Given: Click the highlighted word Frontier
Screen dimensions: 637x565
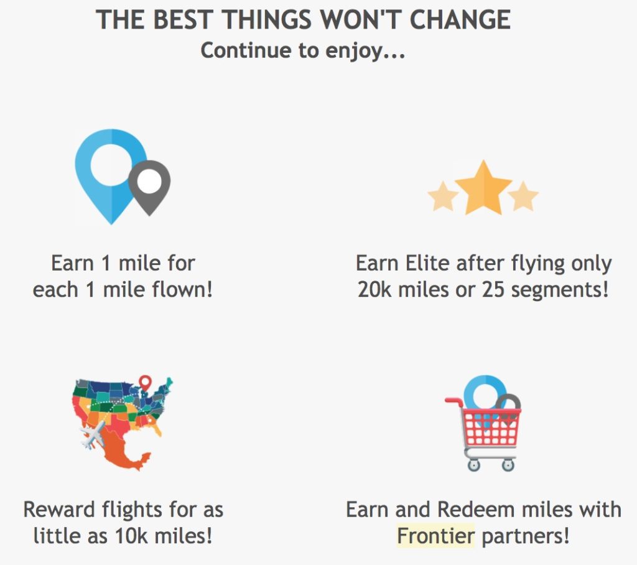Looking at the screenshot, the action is [x=435, y=536].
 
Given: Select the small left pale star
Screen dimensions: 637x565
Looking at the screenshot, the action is [x=443, y=196].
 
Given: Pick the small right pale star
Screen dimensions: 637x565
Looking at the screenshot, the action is [x=523, y=196].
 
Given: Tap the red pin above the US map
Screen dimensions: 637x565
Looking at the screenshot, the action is [x=145, y=383].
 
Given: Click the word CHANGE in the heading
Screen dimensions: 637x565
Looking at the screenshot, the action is [x=460, y=19].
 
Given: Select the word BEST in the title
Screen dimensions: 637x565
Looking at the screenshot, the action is [x=184, y=19].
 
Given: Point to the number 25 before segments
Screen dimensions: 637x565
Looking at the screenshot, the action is [x=493, y=289].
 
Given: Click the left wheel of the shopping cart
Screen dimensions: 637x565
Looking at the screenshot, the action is [x=473, y=465].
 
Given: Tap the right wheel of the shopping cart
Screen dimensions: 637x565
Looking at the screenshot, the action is [x=508, y=465].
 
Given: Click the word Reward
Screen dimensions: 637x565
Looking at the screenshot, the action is [x=59, y=510].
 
